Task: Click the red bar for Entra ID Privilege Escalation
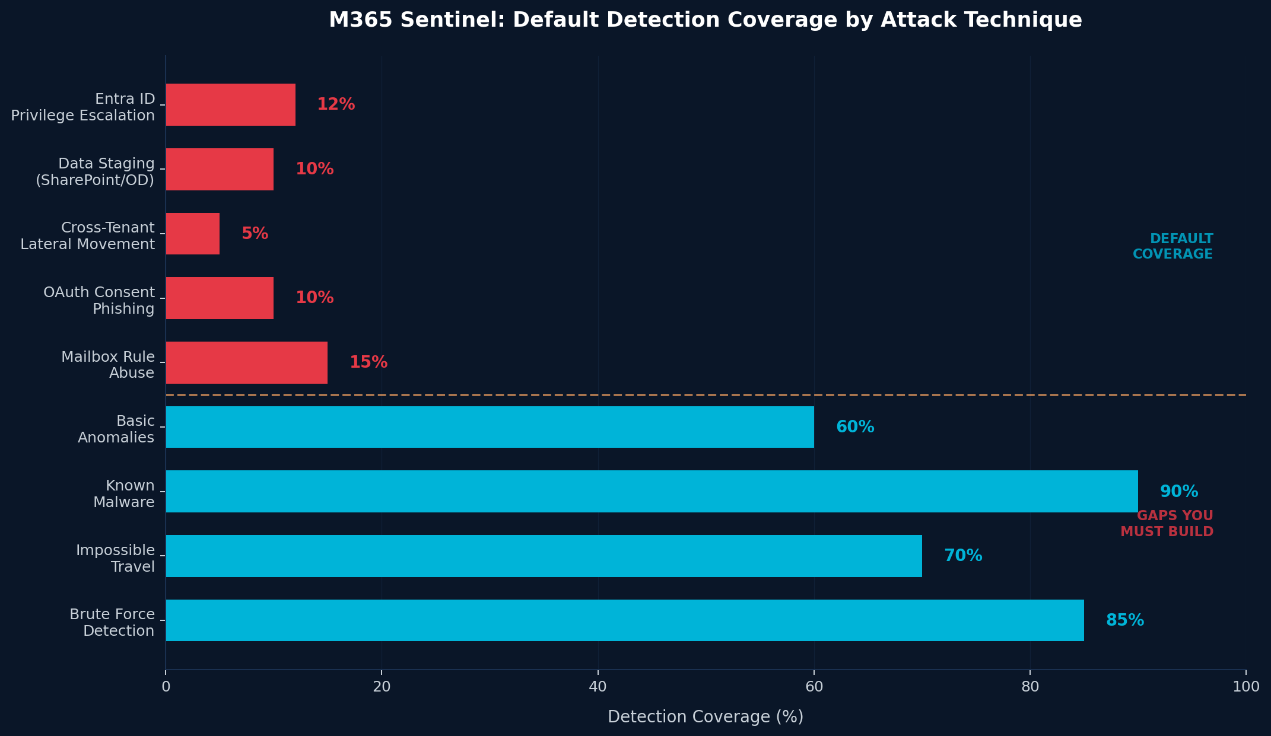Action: click(x=230, y=105)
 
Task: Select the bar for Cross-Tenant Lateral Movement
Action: click(x=192, y=234)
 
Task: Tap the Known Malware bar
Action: click(x=652, y=492)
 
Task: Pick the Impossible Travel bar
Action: click(x=544, y=556)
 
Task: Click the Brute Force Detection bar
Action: click(x=624, y=620)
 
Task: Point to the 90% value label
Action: click(x=1178, y=492)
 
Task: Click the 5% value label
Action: click(x=255, y=234)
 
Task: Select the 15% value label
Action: click(x=368, y=362)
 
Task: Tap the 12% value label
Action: click(x=336, y=105)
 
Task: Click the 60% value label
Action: click(x=854, y=427)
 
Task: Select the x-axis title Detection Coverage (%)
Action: click(x=706, y=717)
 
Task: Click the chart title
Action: click(x=706, y=20)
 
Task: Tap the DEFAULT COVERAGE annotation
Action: click(x=1173, y=246)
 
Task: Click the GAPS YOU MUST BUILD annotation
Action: click(x=1167, y=524)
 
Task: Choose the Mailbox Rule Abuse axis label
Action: click(x=108, y=365)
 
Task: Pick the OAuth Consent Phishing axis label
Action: click(x=99, y=301)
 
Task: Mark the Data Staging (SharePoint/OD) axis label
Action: click(x=95, y=172)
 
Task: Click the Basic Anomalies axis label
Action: click(x=116, y=429)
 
